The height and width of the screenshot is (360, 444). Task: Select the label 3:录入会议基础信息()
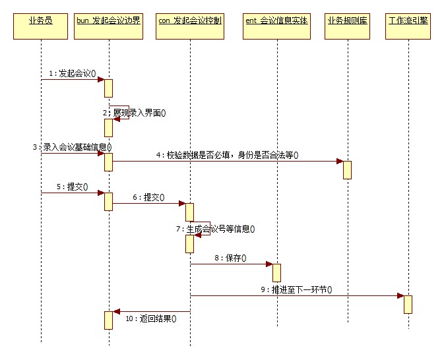coord(72,147)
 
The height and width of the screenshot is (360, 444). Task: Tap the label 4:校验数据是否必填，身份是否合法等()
coord(227,156)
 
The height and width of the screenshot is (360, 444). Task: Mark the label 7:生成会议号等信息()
coord(215,229)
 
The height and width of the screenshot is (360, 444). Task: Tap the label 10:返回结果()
coord(151,318)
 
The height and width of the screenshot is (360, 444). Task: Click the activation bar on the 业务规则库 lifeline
coord(347,169)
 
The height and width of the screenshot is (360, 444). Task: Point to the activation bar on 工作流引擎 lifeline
coord(408,304)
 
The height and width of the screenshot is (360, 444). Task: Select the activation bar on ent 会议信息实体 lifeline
coord(276,272)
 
